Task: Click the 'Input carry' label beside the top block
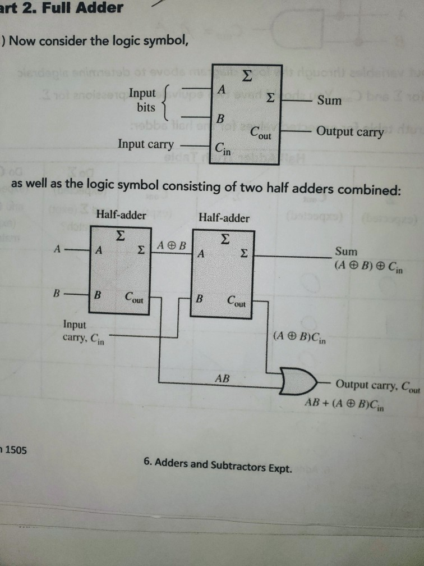pos(146,144)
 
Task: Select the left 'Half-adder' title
pos(121,214)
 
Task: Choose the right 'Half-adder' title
pos(224,217)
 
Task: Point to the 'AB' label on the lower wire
pos(223,378)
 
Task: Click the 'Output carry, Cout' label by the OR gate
pos(377,385)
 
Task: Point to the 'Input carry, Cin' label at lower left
pos(84,331)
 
